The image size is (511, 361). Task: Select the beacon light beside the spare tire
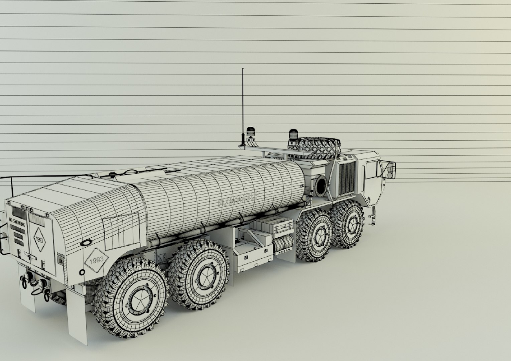pyautogui.click(x=293, y=134)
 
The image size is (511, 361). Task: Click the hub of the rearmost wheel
pyautogui.click(x=138, y=299)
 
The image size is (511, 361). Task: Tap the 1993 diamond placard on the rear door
pyautogui.click(x=39, y=240)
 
